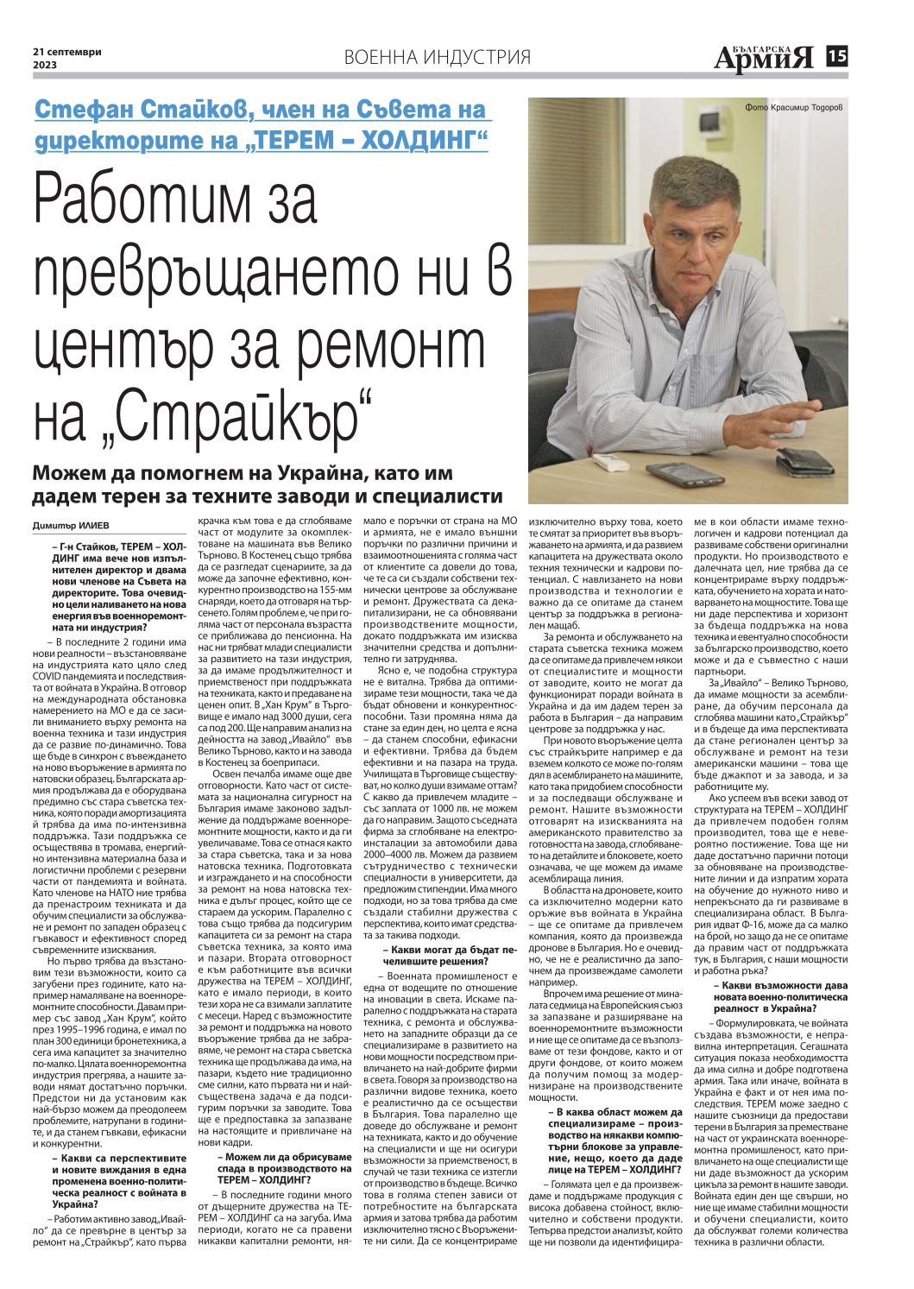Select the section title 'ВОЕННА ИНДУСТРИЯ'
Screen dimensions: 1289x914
point(437,58)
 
